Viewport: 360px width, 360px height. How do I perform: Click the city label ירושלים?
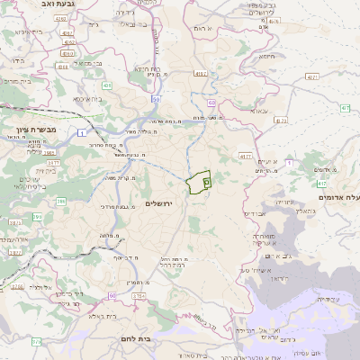tap(164, 204)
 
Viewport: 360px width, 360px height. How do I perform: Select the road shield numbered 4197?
tap(200, 74)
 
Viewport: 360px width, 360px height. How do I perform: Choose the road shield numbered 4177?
tap(246, 156)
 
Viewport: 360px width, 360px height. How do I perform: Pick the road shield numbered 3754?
tap(139, 295)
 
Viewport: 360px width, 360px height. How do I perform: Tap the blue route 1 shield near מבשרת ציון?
tap(81, 134)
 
